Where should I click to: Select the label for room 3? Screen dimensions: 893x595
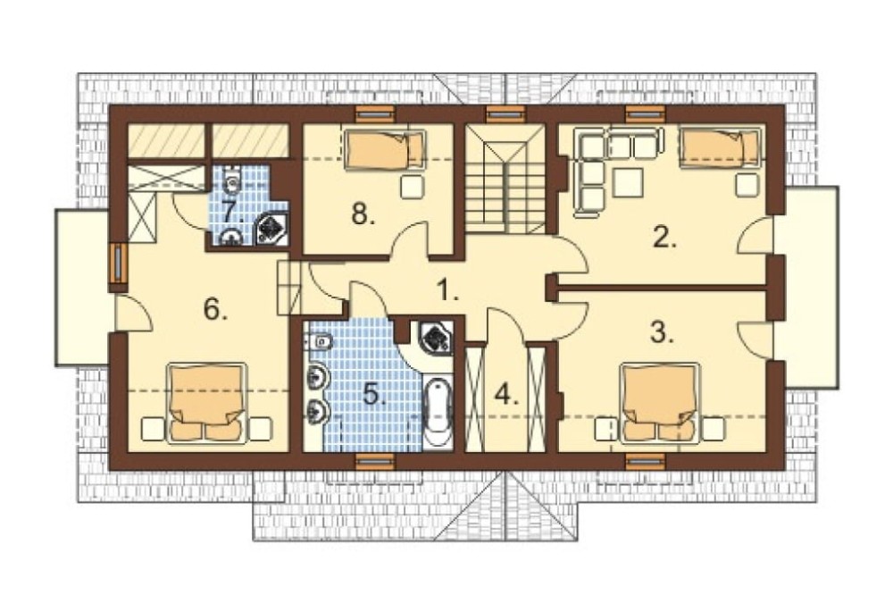click(x=662, y=332)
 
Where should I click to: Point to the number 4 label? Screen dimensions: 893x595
click(x=507, y=394)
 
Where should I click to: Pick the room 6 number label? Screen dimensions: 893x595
click(x=216, y=309)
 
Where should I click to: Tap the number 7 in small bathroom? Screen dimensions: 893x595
click(x=233, y=212)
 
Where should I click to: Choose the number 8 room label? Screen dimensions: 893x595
click(x=363, y=214)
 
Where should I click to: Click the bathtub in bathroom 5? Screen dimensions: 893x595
click(x=438, y=412)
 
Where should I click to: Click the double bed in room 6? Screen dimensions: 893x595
click(x=207, y=404)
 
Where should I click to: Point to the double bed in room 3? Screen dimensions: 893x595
click(x=661, y=404)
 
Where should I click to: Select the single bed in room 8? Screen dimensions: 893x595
click(x=385, y=149)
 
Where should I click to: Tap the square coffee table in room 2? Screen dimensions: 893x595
click(x=628, y=181)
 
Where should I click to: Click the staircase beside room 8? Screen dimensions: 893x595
click(x=505, y=180)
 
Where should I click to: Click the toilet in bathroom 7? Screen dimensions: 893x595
click(x=232, y=180)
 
